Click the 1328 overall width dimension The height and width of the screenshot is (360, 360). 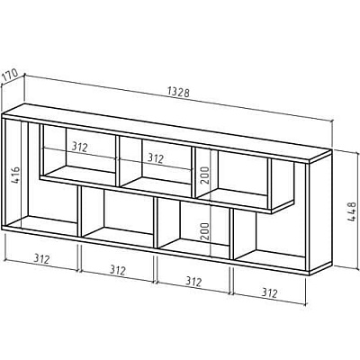click(178, 92)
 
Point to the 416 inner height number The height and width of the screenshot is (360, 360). click(15, 175)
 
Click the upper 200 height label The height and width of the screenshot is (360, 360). click(205, 175)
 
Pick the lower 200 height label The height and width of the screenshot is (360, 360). click(205, 232)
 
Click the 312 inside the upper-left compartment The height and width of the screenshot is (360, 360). click(79, 147)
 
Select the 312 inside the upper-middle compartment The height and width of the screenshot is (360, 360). click(156, 158)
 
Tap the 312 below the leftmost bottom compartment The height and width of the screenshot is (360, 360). click(41, 258)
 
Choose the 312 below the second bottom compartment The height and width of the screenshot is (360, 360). click(117, 270)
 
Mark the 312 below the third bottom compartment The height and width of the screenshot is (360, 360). click(193, 282)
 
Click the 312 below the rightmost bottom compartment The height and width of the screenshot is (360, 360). click(269, 292)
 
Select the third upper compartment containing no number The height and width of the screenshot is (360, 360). click(231, 175)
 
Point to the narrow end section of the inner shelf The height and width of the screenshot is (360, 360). click(283, 184)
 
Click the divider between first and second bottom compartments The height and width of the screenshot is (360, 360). click(80, 211)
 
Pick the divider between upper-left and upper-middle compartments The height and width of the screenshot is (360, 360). click(117, 161)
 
